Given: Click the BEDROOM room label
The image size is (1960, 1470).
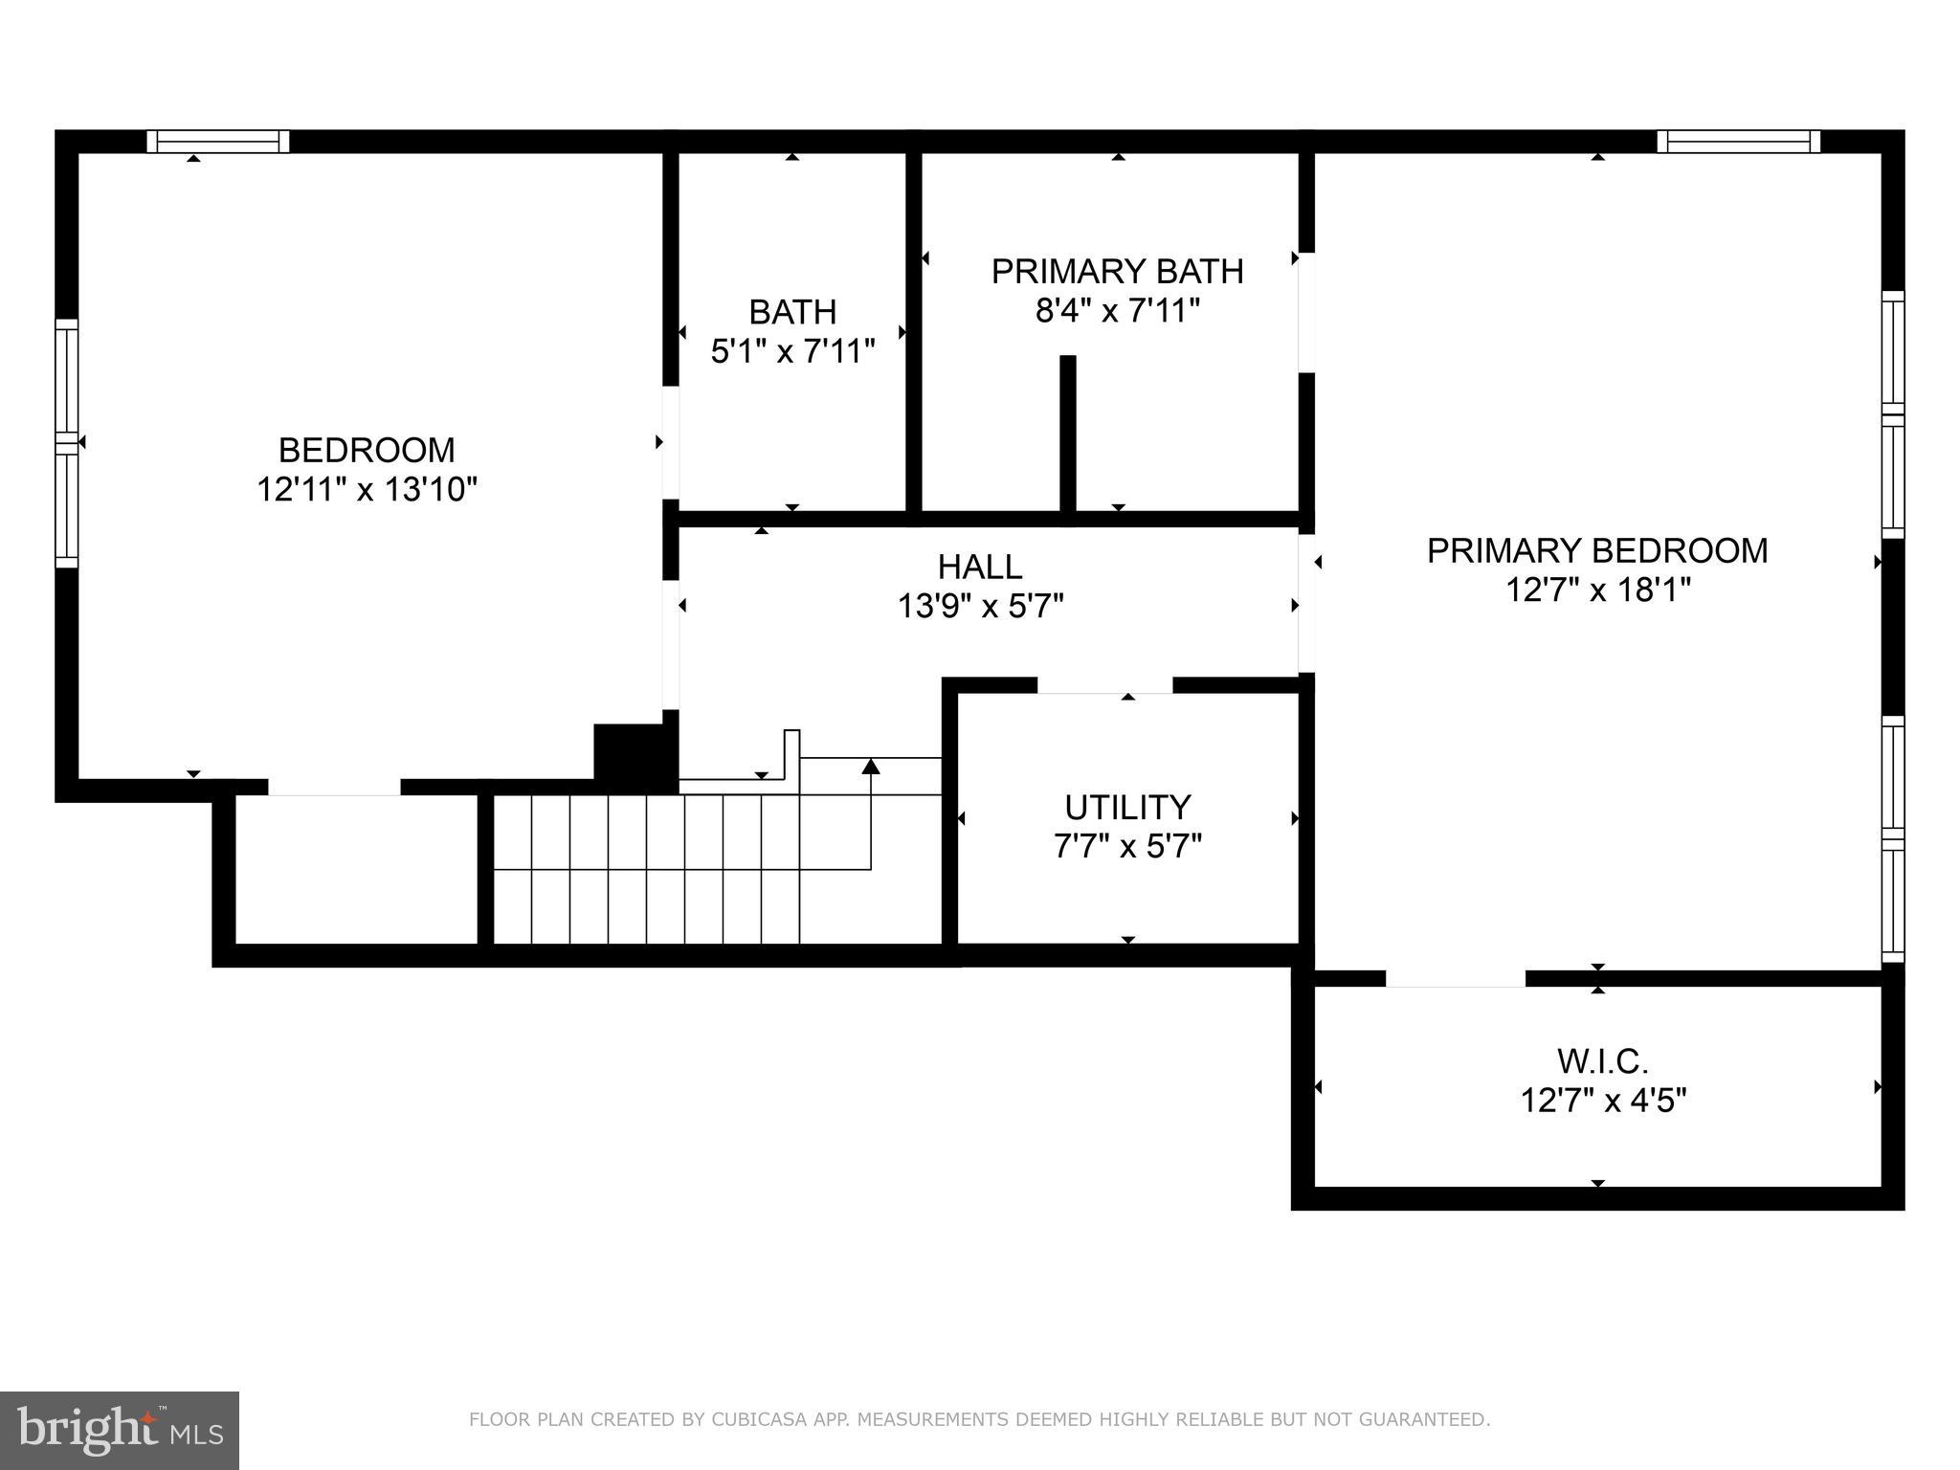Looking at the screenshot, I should (x=367, y=450).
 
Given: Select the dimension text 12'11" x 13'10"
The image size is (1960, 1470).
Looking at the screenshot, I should (x=367, y=490).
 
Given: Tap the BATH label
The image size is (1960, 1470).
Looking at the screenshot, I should (x=792, y=312).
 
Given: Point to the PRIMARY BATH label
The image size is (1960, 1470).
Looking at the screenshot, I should (x=1117, y=272).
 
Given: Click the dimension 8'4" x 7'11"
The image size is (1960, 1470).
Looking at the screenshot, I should (x=1117, y=311).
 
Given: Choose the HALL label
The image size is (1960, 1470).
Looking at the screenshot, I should (x=980, y=567).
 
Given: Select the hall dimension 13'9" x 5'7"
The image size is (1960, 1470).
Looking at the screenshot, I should (x=980, y=606).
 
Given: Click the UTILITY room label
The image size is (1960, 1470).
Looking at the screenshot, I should (x=1127, y=808).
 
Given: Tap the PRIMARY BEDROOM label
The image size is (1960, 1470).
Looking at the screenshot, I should (x=1597, y=550).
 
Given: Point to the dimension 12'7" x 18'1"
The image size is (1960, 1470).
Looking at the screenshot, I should (x=1597, y=590).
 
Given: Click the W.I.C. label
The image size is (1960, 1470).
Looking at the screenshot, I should (x=1602, y=1061).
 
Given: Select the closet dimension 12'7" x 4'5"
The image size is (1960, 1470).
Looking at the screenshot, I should (x=1602, y=1101).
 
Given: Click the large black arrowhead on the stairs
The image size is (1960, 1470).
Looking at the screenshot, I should (x=870, y=766).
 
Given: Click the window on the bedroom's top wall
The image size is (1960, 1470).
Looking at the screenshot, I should (x=218, y=142).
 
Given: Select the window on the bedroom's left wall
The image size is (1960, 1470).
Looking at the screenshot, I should (x=66, y=443).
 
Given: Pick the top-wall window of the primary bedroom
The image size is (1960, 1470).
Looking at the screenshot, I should (x=1739, y=142).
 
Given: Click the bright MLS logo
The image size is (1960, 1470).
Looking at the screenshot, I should (x=120, y=1431).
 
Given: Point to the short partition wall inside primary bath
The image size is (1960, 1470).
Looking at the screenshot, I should (x=1068, y=433).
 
